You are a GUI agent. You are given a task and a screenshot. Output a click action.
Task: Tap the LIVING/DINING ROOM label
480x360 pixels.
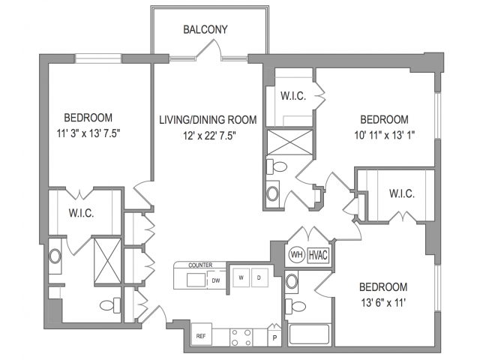pyautogui.click(x=207, y=119)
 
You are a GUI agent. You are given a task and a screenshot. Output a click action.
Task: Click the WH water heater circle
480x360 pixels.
pyautogui.click(x=297, y=253)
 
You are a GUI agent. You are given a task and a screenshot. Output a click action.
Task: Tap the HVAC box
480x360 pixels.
pyautogui.click(x=318, y=253)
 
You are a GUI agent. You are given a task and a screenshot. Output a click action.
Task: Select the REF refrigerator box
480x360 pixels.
pyautogui.click(x=201, y=337)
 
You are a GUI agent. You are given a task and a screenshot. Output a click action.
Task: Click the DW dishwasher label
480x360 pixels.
pyautogui.click(x=215, y=281)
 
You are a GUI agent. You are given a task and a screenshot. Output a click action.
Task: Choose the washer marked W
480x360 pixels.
pyautogui.click(x=241, y=277)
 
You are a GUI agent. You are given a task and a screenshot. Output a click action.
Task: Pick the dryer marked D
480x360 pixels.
pyautogui.click(x=259, y=277)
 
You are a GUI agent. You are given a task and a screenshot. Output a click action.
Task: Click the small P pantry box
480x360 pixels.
pyautogui.click(x=274, y=337)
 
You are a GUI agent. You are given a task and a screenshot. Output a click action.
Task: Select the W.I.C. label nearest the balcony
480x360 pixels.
pyautogui.click(x=292, y=96)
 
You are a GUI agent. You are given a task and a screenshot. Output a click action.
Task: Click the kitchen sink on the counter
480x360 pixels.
pyautogui.click(x=196, y=280)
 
